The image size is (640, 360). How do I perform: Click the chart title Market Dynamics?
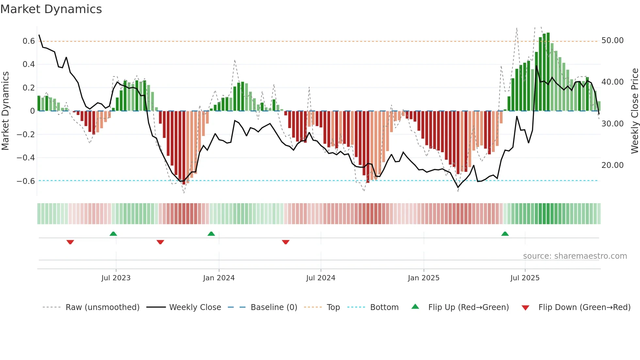coord(51,9)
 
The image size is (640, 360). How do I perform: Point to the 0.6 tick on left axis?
coord(28,41)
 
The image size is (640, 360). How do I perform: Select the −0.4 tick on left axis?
coord(25,158)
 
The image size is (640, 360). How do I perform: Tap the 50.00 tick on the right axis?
coord(612,41)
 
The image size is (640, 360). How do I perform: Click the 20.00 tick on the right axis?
coord(612,165)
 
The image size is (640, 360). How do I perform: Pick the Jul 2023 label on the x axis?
coord(116,278)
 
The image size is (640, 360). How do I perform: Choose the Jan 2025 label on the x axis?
coord(424,278)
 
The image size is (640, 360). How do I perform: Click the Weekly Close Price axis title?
coord(634,111)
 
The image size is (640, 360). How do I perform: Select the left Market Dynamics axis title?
coord(5,111)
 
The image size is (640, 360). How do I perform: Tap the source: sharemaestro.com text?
coord(575,256)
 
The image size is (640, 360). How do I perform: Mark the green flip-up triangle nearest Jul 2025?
coord(505,234)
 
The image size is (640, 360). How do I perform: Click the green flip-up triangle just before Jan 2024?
coord(211,234)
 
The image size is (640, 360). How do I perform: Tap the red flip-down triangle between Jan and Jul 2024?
coord(286,242)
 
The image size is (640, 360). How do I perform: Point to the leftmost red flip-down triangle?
coord(70,242)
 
